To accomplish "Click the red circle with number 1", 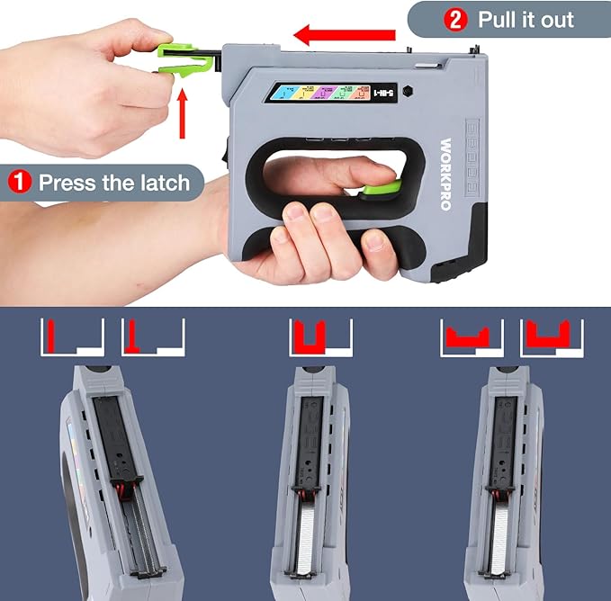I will [x=20, y=183].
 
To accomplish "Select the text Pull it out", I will [x=526, y=19].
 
